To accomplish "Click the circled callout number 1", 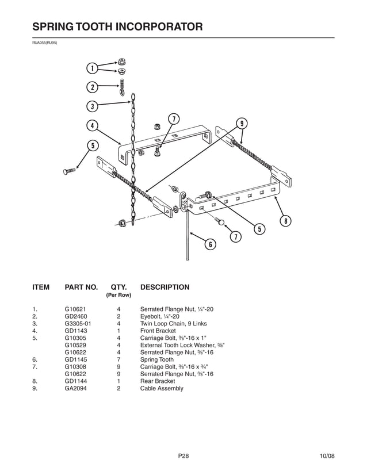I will [91, 69].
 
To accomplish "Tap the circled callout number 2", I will [91, 87].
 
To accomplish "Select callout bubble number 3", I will [91, 106].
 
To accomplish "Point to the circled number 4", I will [91, 125].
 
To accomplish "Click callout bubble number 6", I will [210, 244].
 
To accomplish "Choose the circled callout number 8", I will [284, 222].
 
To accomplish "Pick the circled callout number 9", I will [242, 123].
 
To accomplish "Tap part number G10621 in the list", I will [75, 309].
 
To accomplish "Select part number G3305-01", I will [78, 324].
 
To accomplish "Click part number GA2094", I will [76, 389].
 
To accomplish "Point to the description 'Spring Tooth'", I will [156, 360].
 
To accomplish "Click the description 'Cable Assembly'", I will [162, 389].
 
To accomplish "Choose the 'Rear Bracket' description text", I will [158, 381].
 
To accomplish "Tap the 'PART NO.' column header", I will [81, 287].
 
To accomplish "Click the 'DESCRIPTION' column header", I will [165, 287].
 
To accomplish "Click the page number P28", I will [183, 456].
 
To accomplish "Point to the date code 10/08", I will [327, 456].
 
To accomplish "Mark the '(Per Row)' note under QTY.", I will [118, 295].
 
